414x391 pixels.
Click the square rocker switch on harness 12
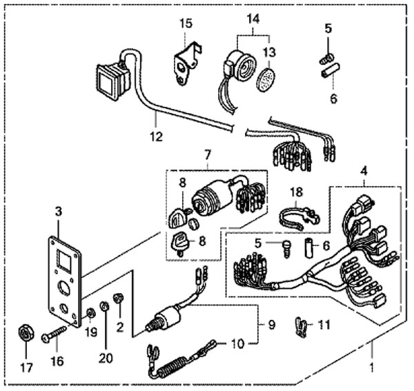[112, 77]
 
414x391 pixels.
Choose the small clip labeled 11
[302, 324]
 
